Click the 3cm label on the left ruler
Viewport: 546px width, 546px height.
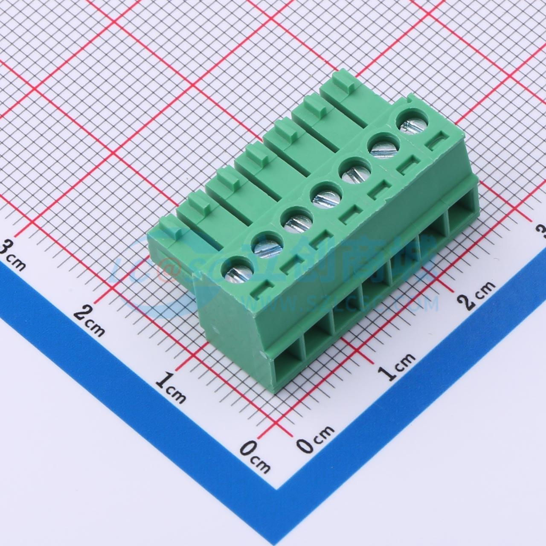coord(13,255)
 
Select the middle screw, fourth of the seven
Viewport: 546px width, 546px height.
coord(324,195)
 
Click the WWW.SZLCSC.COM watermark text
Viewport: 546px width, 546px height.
coord(341,303)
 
